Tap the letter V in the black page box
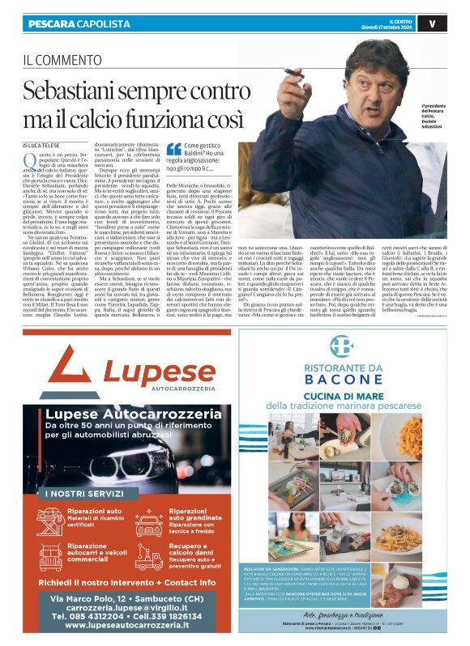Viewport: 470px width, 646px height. click(x=455, y=23)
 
